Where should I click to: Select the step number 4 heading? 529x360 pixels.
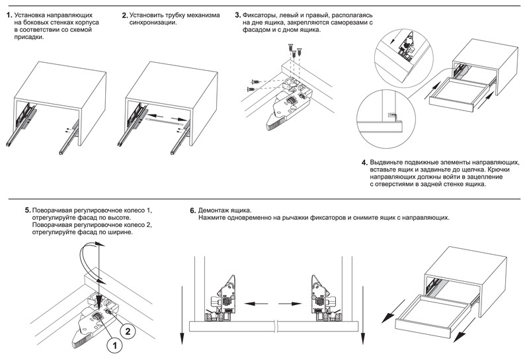click(x=364, y=163)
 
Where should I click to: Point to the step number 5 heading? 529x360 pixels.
click(x=26, y=210)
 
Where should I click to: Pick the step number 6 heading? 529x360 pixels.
click(x=192, y=210)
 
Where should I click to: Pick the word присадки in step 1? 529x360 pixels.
click(x=29, y=37)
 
